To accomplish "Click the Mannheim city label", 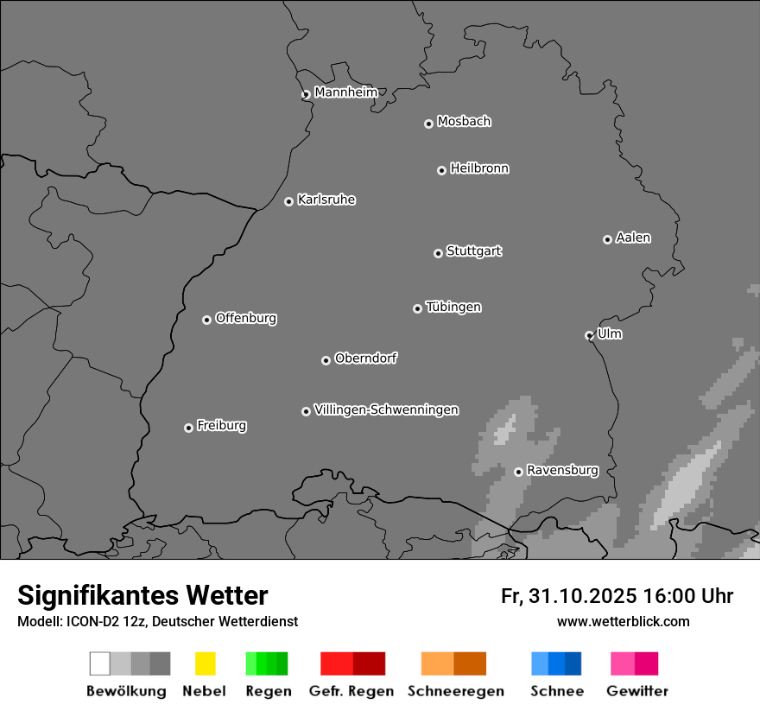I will pyautogui.click(x=345, y=92).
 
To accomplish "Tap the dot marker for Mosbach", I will pyautogui.click(x=428, y=124).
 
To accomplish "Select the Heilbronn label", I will pyautogui.click(x=479, y=168).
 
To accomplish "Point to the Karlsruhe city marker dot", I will pyautogui.click(x=289, y=202).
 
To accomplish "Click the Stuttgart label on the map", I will pyautogui.click(x=473, y=251).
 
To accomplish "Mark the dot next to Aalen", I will pyautogui.click(x=607, y=239).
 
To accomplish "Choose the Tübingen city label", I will pyautogui.click(x=453, y=307).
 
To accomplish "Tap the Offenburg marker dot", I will pyautogui.click(x=206, y=320).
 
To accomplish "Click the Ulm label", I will pyautogui.click(x=610, y=333).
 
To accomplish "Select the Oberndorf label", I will pyautogui.click(x=365, y=358).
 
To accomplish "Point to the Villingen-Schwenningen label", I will pyautogui.click(x=386, y=409).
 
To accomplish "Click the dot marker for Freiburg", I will pyautogui.click(x=188, y=428).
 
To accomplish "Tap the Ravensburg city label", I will pyautogui.click(x=562, y=470).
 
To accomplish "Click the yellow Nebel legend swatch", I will pyautogui.click(x=205, y=663).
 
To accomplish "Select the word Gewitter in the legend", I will pyautogui.click(x=637, y=691).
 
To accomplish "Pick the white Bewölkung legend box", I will pyautogui.click(x=100, y=663).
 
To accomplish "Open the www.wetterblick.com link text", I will pyautogui.click(x=624, y=621).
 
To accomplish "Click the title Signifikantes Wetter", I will pyautogui.click(x=142, y=595).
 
